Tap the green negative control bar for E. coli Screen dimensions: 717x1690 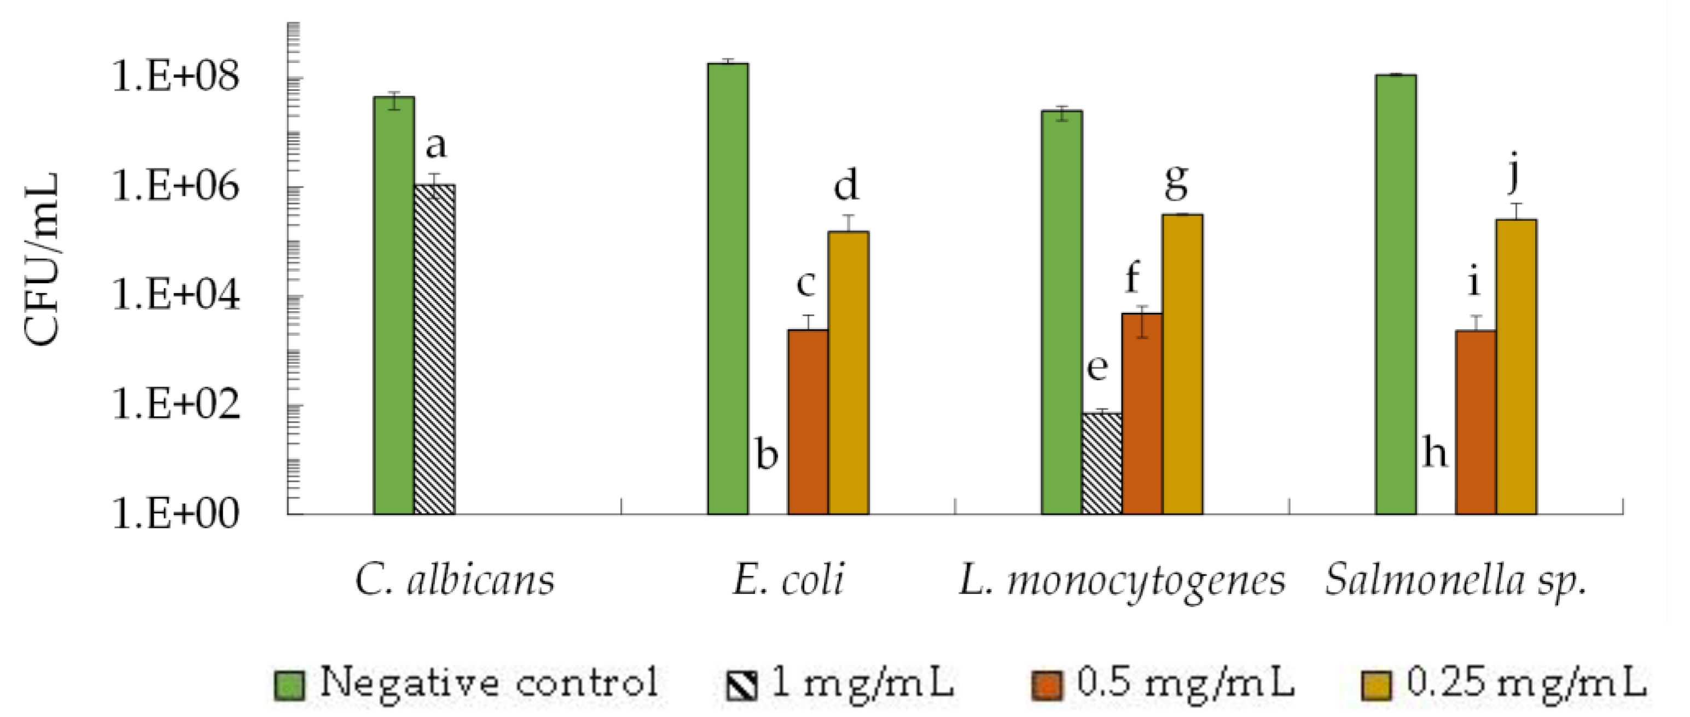point(728,289)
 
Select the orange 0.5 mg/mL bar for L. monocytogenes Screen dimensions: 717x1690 point(1142,413)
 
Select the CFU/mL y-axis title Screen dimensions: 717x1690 point(42,259)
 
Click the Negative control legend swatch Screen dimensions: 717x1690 point(289,685)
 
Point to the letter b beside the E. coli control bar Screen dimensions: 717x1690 point(766,454)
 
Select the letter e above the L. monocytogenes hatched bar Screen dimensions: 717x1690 point(1097,368)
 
